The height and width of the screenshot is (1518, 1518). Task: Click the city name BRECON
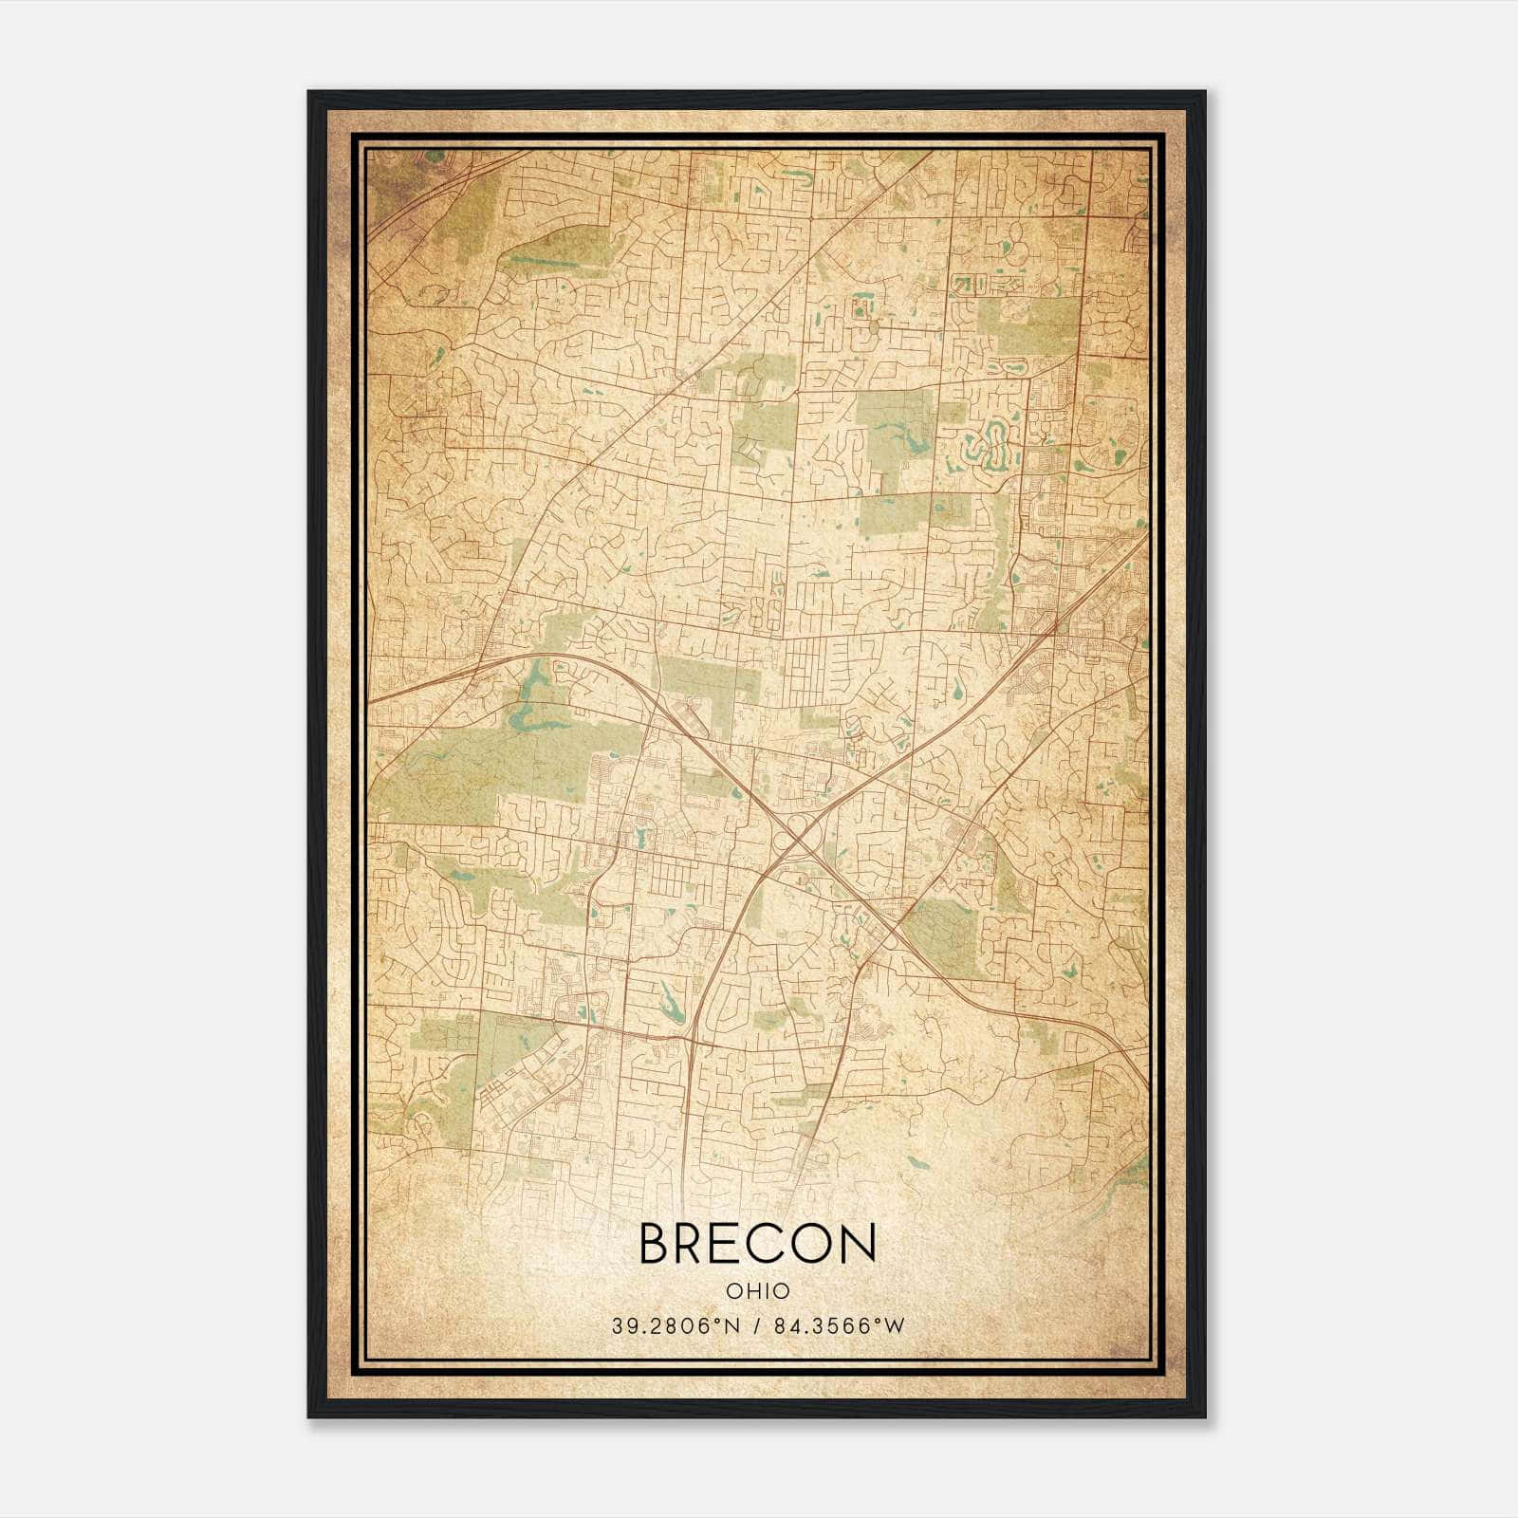757,1244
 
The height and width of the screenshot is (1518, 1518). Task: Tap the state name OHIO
757,1291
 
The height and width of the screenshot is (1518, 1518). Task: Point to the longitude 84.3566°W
840,1326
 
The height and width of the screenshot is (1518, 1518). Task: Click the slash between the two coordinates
757,1326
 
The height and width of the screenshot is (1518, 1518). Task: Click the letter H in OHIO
749,1291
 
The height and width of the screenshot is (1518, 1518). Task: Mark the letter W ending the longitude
896,1326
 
